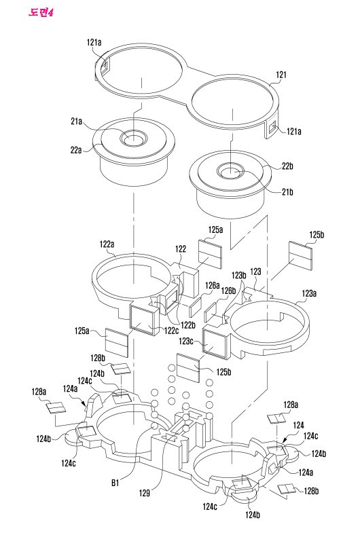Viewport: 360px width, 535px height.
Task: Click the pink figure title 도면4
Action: (41, 13)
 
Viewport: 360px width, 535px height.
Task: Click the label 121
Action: (281, 75)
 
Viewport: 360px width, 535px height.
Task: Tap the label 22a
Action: (76, 149)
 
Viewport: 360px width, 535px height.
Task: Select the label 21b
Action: (287, 192)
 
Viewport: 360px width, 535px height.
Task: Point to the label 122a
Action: (107, 244)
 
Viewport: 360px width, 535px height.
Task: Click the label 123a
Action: (309, 293)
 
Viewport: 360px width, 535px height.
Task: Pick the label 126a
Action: (212, 285)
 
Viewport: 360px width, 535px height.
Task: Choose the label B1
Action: (115, 483)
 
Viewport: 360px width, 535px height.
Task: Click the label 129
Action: (145, 492)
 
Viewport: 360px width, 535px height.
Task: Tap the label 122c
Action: (171, 330)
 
